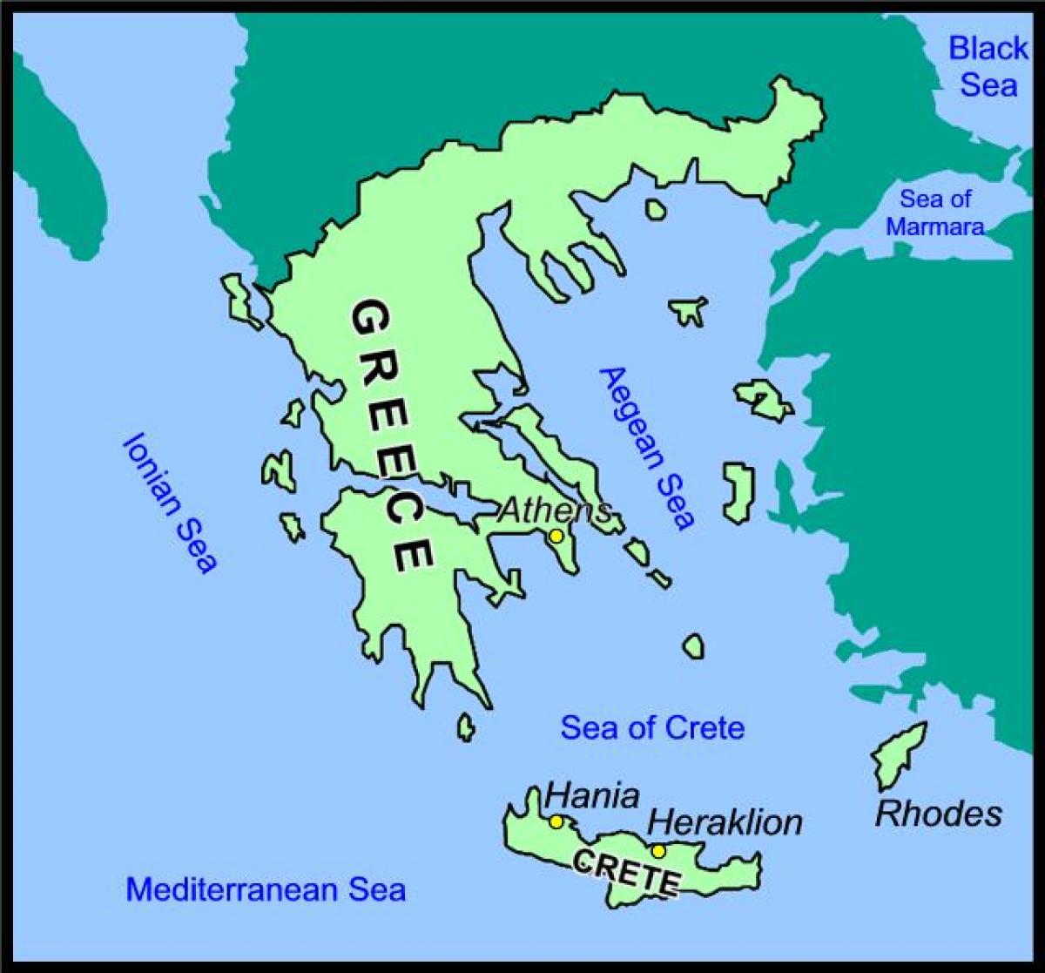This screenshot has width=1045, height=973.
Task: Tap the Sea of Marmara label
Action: pyautogui.click(x=935, y=213)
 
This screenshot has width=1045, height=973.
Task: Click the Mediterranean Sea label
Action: pyautogui.click(x=266, y=889)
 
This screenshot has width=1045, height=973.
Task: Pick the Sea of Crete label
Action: pyautogui.click(x=652, y=727)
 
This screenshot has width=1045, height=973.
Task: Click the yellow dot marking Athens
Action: pyautogui.click(x=556, y=536)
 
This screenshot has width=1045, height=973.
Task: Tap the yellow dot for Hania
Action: pyautogui.click(x=556, y=821)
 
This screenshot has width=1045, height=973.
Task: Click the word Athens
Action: pyautogui.click(x=553, y=510)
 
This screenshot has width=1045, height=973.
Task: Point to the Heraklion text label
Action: pyautogui.click(x=725, y=821)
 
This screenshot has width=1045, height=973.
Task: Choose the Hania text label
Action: pyautogui.click(x=592, y=795)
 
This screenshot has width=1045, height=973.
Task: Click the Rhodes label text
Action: pyautogui.click(x=938, y=814)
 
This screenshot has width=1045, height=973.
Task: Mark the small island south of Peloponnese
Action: pyautogui.click(x=466, y=726)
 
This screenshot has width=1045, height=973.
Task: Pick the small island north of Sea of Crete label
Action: pyautogui.click(x=693, y=645)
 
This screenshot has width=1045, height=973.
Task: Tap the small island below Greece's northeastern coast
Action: pyautogui.click(x=654, y=209)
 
